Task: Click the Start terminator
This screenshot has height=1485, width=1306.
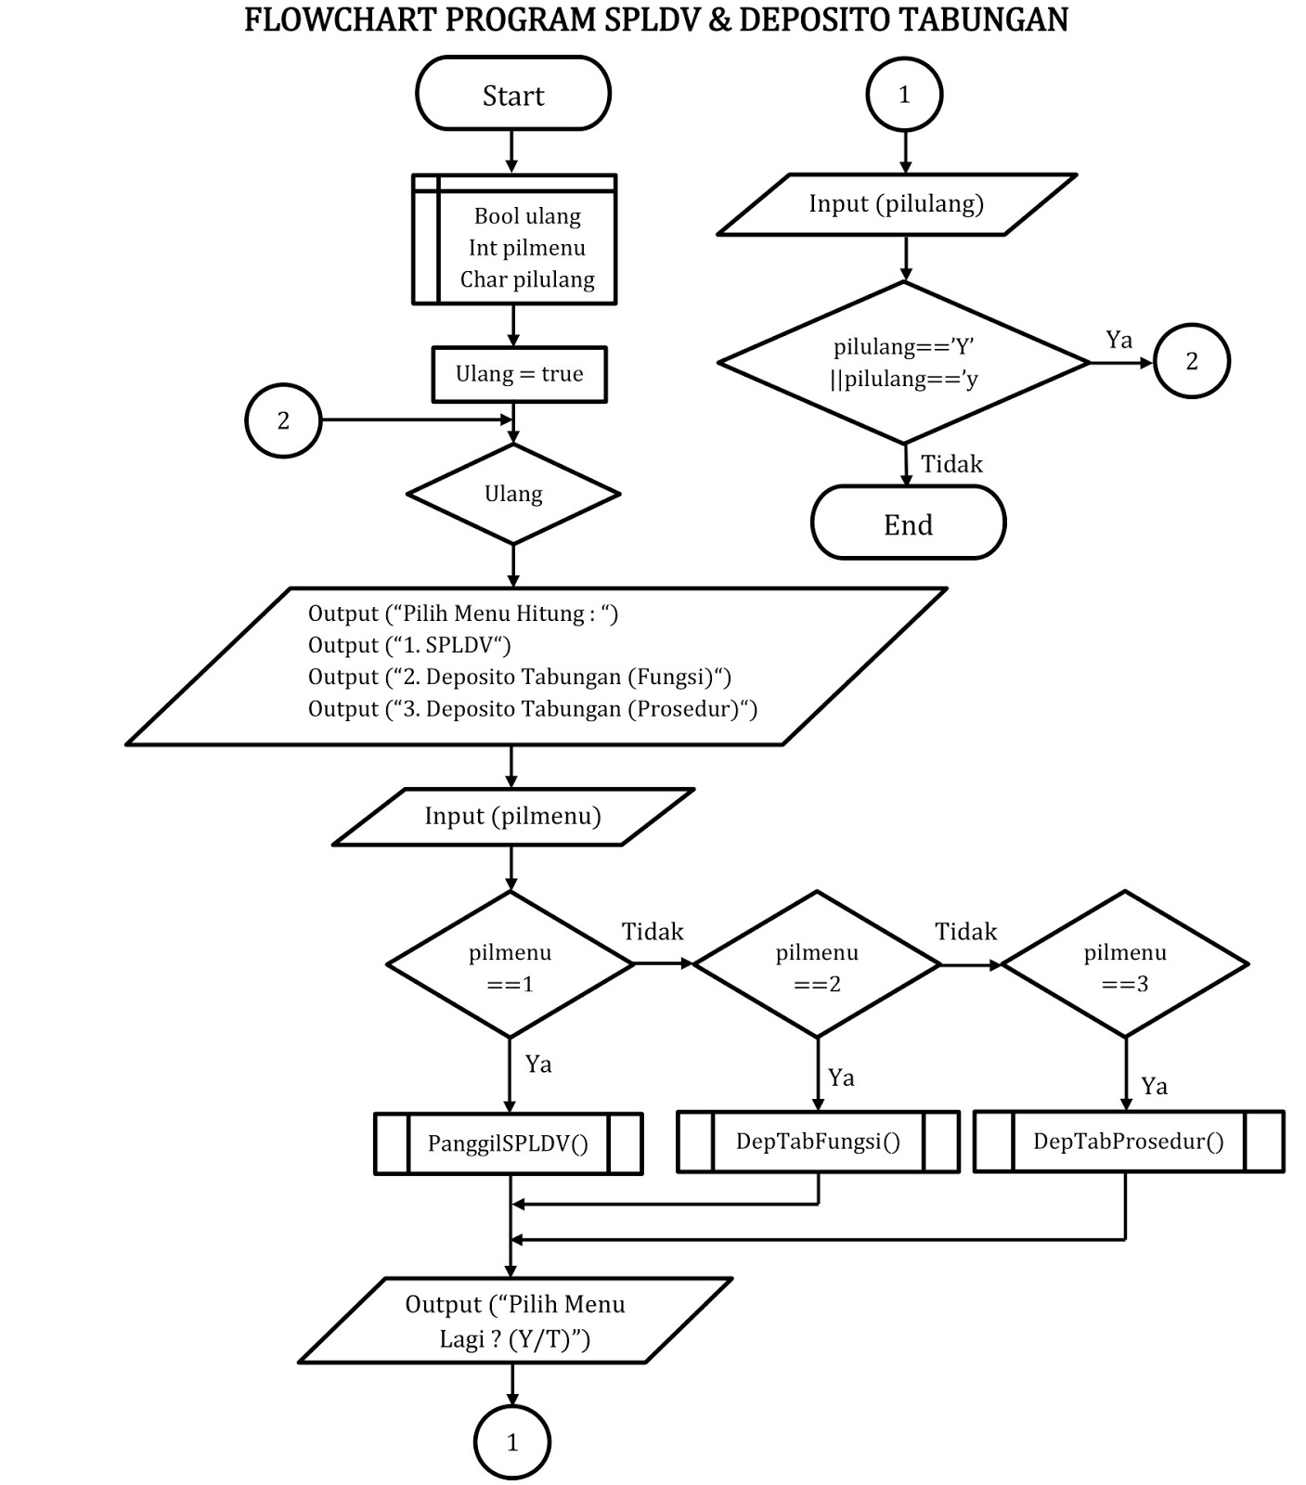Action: [513, 94]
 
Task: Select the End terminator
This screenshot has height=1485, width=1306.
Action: [908, 523]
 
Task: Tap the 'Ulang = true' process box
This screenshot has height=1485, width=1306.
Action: [519, 374]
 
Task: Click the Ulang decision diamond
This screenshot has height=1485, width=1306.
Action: [513, 494]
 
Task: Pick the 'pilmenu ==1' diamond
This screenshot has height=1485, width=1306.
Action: [510, 965]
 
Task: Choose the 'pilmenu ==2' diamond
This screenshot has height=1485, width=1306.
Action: [817, 965]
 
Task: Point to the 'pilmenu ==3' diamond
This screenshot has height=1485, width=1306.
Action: [1125, 965]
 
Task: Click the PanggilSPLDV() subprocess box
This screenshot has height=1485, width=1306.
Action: [508, 1143]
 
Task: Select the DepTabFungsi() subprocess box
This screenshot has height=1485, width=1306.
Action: [818, 1142]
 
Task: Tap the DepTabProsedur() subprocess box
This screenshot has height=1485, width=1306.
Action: [1128, 1142]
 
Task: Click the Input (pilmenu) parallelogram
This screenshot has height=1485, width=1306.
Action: [513, 817]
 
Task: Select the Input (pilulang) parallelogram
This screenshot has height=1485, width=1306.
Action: [897, 204]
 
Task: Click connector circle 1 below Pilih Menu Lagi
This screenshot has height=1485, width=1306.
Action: [512, 1442]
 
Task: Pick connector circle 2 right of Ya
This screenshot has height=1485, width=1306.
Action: [1192, 361]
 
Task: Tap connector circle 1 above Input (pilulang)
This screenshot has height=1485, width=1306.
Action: [904, 95]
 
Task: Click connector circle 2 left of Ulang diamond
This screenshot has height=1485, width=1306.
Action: [283, 420]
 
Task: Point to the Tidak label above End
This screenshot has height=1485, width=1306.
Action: [951, 464]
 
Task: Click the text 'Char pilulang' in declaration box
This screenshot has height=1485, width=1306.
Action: [527, 279]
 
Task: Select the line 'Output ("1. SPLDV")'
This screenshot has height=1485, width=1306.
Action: [409, 645]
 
